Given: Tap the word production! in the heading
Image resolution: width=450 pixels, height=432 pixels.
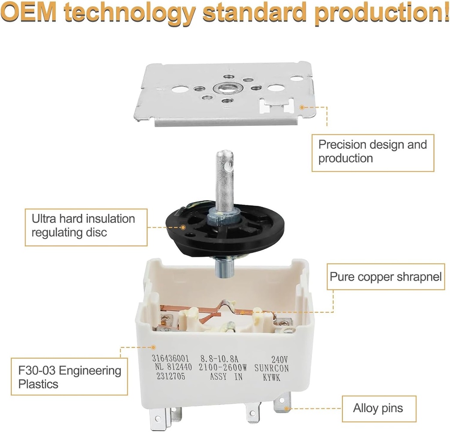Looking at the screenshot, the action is tap(382, 13).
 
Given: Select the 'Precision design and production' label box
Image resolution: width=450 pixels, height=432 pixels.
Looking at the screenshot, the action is tap(373, 153).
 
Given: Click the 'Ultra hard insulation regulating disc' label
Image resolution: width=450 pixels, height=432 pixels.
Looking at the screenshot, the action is tap(86, 227).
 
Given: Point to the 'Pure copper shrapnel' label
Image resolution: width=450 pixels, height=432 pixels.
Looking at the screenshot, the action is tap(386, 277).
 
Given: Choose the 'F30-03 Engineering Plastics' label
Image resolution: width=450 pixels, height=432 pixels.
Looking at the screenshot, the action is tap(69, 377).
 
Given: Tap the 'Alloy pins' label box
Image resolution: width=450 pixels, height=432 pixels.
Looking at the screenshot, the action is tap(379, 409).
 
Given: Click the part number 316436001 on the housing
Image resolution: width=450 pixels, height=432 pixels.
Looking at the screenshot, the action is tap(170, 358).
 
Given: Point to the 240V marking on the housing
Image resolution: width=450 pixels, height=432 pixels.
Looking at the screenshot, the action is tap(279, 359).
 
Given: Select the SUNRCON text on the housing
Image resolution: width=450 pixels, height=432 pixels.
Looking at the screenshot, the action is tap(272, 368).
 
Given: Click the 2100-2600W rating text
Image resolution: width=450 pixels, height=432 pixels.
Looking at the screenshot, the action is tap(223, 367).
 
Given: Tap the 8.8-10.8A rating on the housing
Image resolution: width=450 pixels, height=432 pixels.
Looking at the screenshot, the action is tap(219, 359).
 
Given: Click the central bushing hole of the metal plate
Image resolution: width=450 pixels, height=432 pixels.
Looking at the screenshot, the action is tap(223, 87).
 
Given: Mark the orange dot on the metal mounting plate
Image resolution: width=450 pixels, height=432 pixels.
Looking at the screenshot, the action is tap(301, 107).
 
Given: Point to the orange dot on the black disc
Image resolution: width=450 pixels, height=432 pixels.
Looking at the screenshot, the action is tap(183, 227).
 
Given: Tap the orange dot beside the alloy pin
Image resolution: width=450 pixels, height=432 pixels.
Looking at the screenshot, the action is tap(286, 408).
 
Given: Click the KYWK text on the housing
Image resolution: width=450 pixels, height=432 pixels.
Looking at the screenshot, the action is tap(272, 377).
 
